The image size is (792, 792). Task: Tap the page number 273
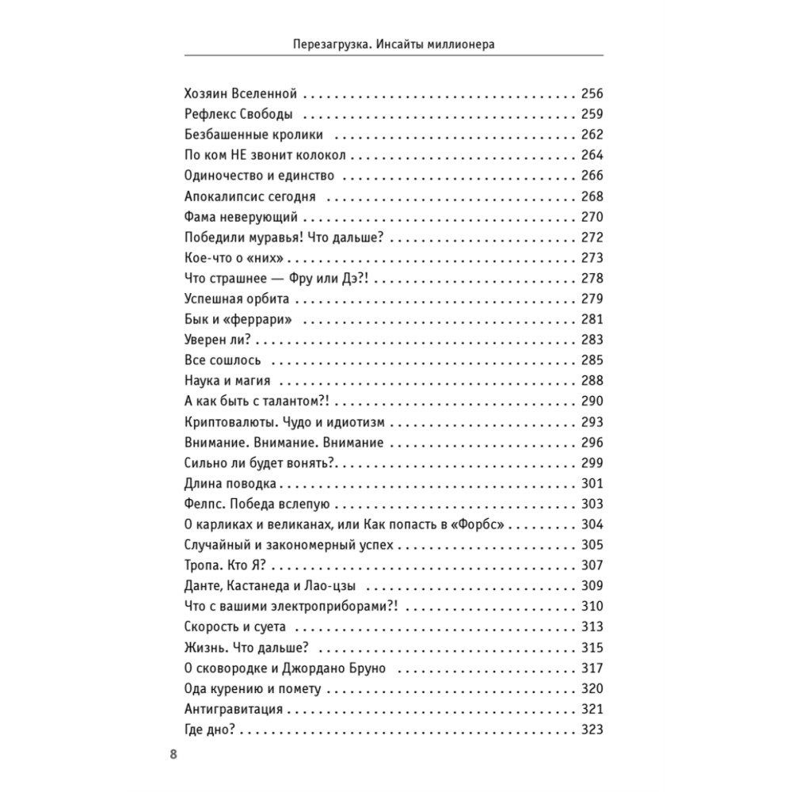pos(592,257)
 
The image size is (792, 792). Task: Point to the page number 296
pos(592,443)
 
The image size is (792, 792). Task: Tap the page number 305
pos(592,546)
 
